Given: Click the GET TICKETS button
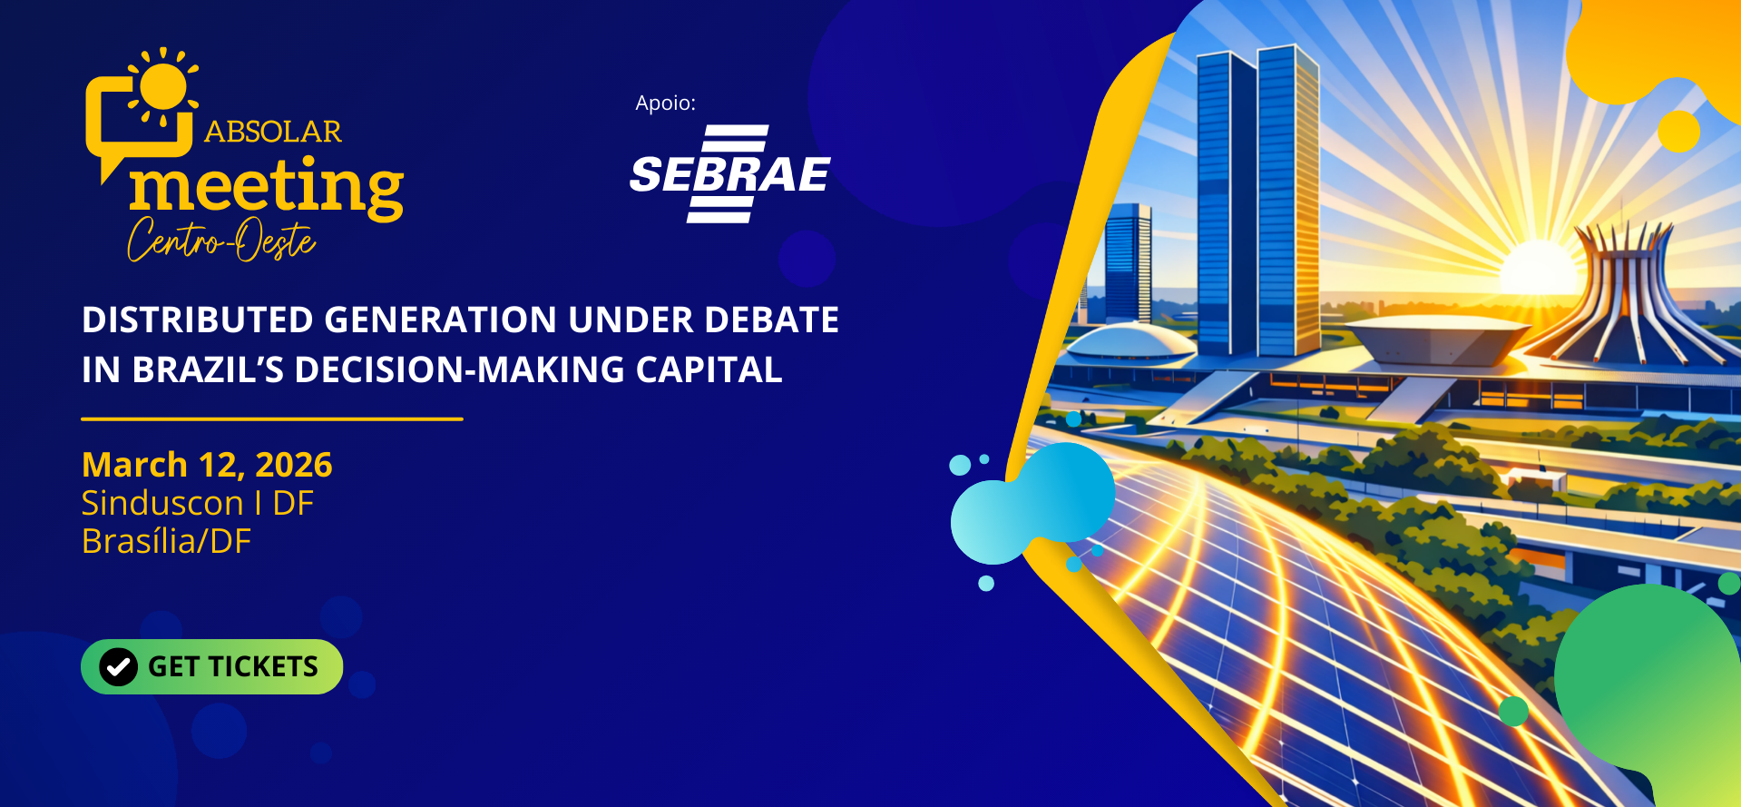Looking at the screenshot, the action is pyautogui.click(x=211, y=666).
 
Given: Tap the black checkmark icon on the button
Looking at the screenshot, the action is pyautogui.click(x=118, y=667).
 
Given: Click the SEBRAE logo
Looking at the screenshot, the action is pyautogui.click(x=729, y=173).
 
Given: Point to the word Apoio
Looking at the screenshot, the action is pyautogui.click(x=665, y=103).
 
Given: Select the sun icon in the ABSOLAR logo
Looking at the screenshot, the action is pyautogui.click(x=163, y=86).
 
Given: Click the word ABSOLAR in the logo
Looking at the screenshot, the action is pyautogui.click(x=273, y=132).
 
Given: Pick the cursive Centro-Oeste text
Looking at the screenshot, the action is pyautogui.click(x=221, y=240).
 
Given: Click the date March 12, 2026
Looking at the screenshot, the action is pyautogui.click(x=207, y=465).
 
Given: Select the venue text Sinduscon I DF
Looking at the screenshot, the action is pyautogui.click(x=198, y=503).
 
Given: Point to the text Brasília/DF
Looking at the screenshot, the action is pyautogui.click(x=166, y=542).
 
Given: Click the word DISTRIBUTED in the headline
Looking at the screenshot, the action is pyautogui.click(x=196, y=320).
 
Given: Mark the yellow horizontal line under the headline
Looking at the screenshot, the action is pyautogui.click(x=272, y=418).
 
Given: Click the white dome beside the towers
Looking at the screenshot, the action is pyautogui.click(x=1130, y=341).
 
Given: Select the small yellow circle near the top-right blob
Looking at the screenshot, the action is pyautogui.click(x=1678, y=131).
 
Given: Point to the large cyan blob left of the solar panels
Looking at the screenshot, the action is pyautogui.click(x=1030, y=505).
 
